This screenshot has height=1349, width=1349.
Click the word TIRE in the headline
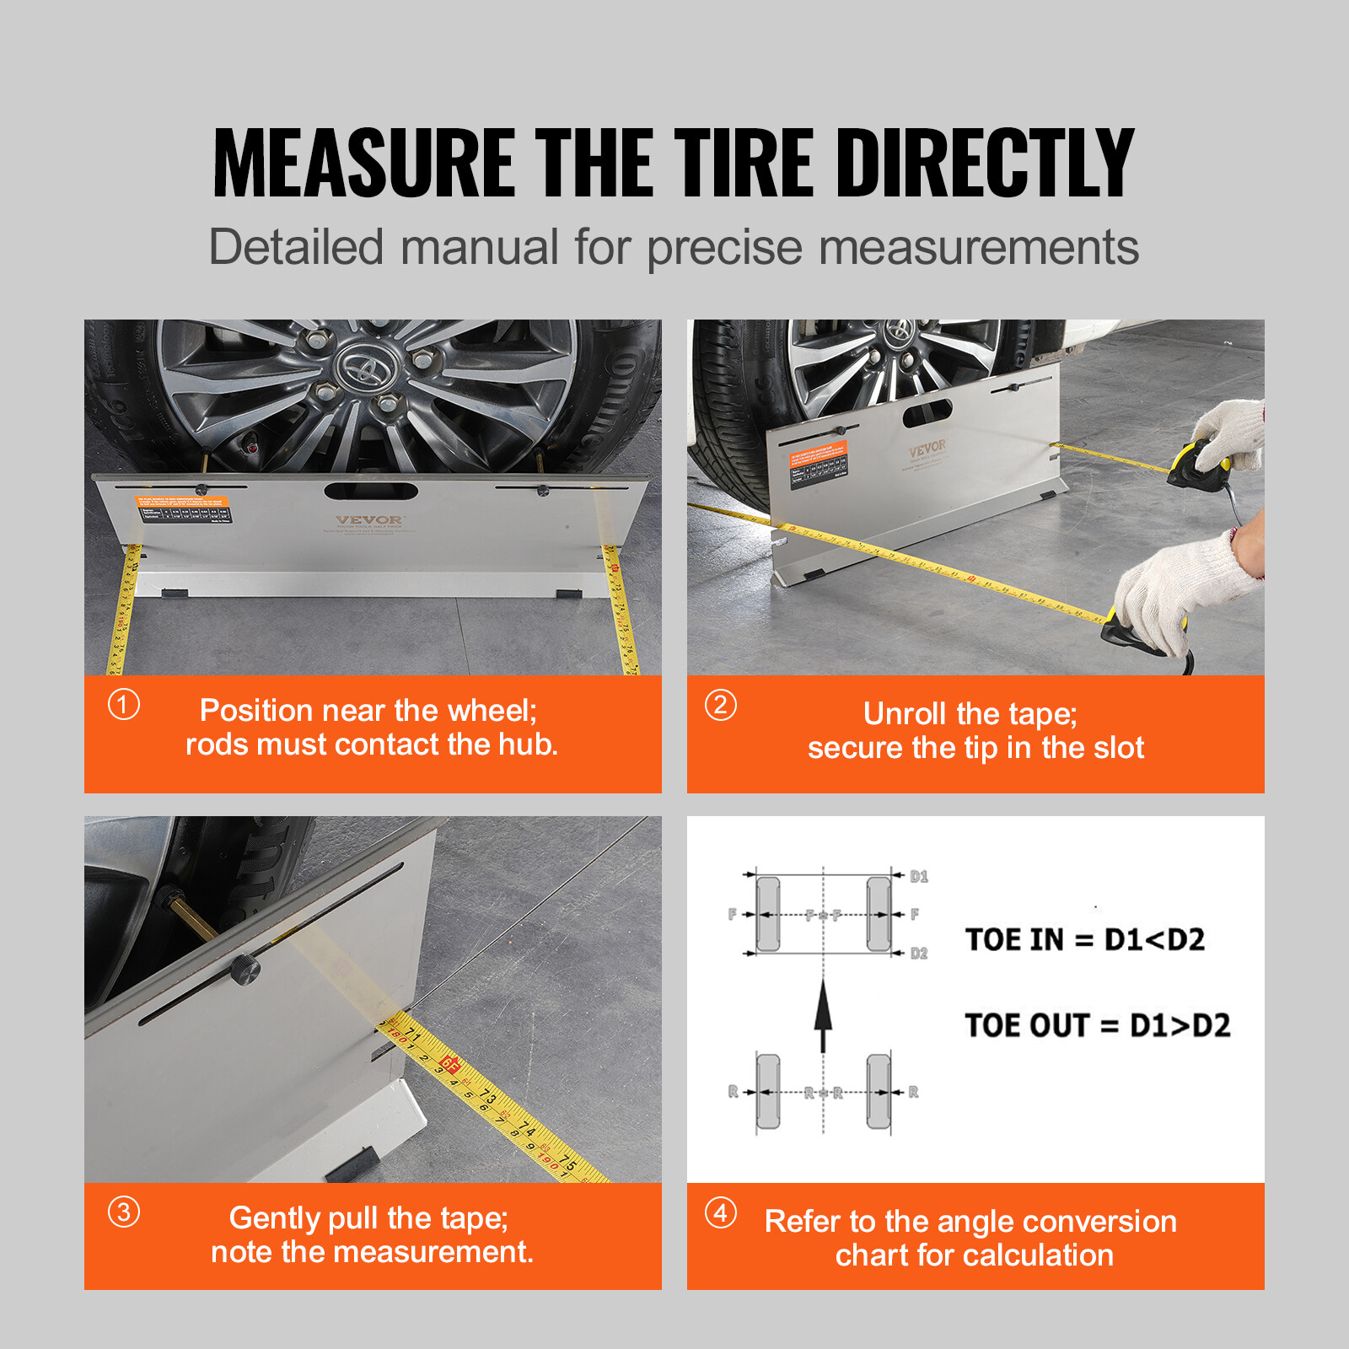tap(742, 163)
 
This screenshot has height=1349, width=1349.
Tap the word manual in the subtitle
tap(479, 247)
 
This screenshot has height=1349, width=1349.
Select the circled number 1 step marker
tap(124, 704)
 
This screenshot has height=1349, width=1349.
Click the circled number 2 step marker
tap(721, 704)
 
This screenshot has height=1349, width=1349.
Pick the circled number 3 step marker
tap(124, 1212)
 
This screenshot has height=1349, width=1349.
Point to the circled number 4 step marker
tap(721, 1212)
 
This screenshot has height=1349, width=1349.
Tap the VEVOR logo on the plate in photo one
tap(369, 519)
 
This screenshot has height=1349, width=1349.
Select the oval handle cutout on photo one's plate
tap(371, 491)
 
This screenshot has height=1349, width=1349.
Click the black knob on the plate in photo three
tap(245, 971)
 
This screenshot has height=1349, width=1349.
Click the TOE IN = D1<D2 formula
tap(1084, 939)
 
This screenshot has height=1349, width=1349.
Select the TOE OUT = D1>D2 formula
tap(1097, 1025)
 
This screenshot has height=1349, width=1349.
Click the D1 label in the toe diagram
tap(919, 877)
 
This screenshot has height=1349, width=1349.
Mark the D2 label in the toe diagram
tap(919, 954)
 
